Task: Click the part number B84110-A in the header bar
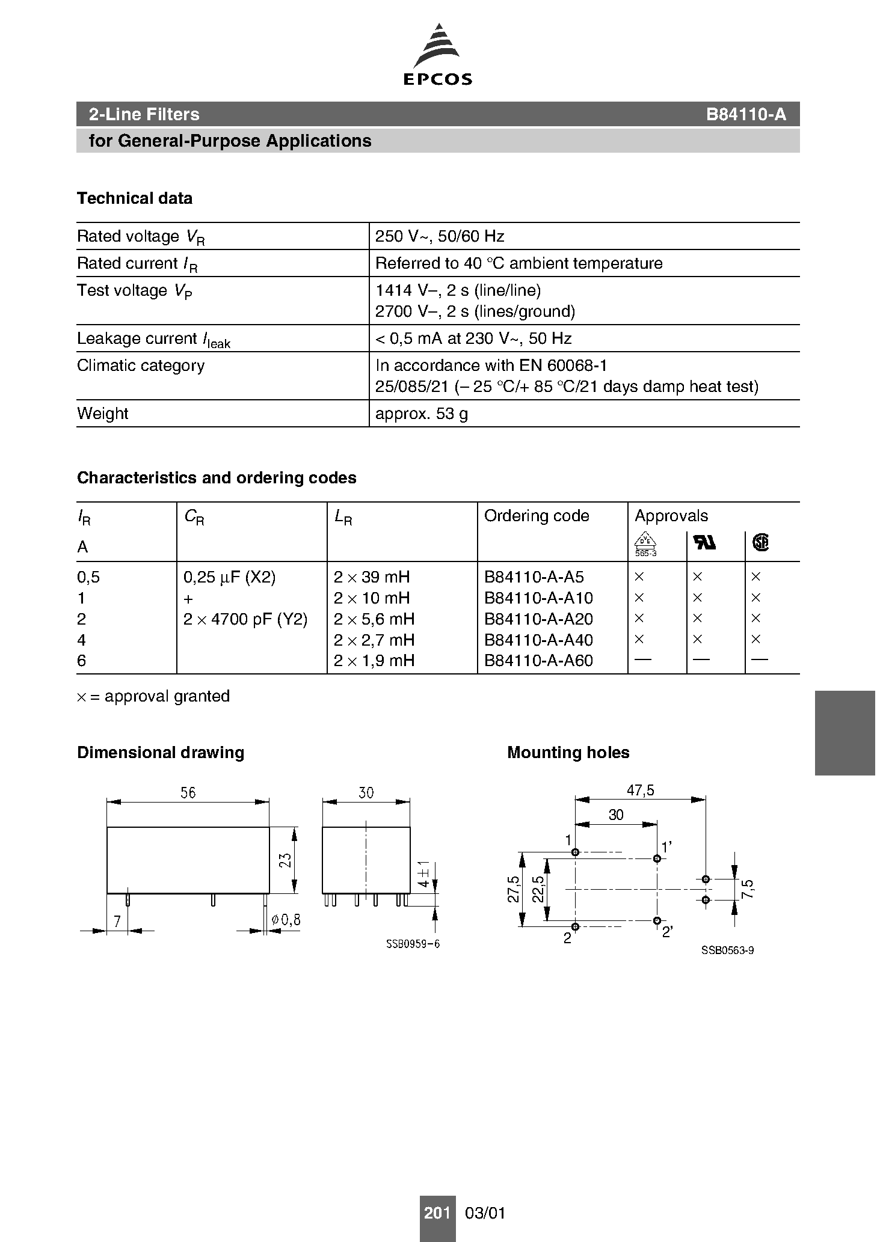746,114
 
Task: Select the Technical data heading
135,198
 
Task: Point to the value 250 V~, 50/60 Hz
440,236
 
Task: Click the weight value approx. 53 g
421,414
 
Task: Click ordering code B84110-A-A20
538,619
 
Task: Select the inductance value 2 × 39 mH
372,577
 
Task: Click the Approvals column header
671,516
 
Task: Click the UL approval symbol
705,543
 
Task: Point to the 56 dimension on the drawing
188,793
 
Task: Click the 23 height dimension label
286,860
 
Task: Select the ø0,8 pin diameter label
286,920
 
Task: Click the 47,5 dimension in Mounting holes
640,791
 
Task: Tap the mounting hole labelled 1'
657,858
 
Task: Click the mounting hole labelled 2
576,926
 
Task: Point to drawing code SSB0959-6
413,944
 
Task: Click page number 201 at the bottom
437,1213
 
